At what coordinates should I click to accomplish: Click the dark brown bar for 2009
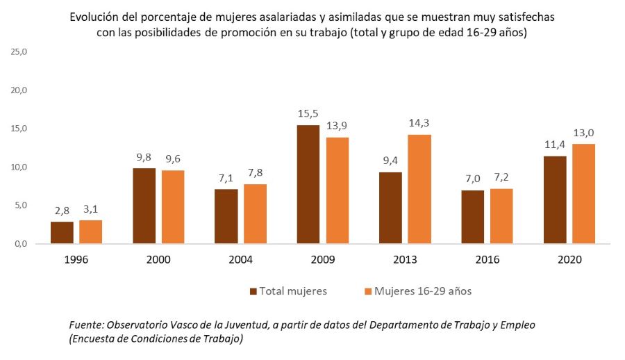click(x=308, y=184)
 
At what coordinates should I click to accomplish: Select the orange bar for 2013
click(x=419, y=189)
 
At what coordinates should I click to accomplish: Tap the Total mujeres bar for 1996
click(x=62, y=233)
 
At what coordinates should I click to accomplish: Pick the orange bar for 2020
click(x=583, y=194)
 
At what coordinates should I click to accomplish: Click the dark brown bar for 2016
click(x=473, y=217)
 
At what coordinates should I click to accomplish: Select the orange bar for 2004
click(x=255, y=214)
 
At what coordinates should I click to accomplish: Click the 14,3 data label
click(x=419, y=123)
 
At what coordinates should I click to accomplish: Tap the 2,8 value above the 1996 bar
click(x=62, y=211)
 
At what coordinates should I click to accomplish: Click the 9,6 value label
click(x=173, y=158)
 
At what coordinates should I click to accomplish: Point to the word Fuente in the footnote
click(x=85, y=325)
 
